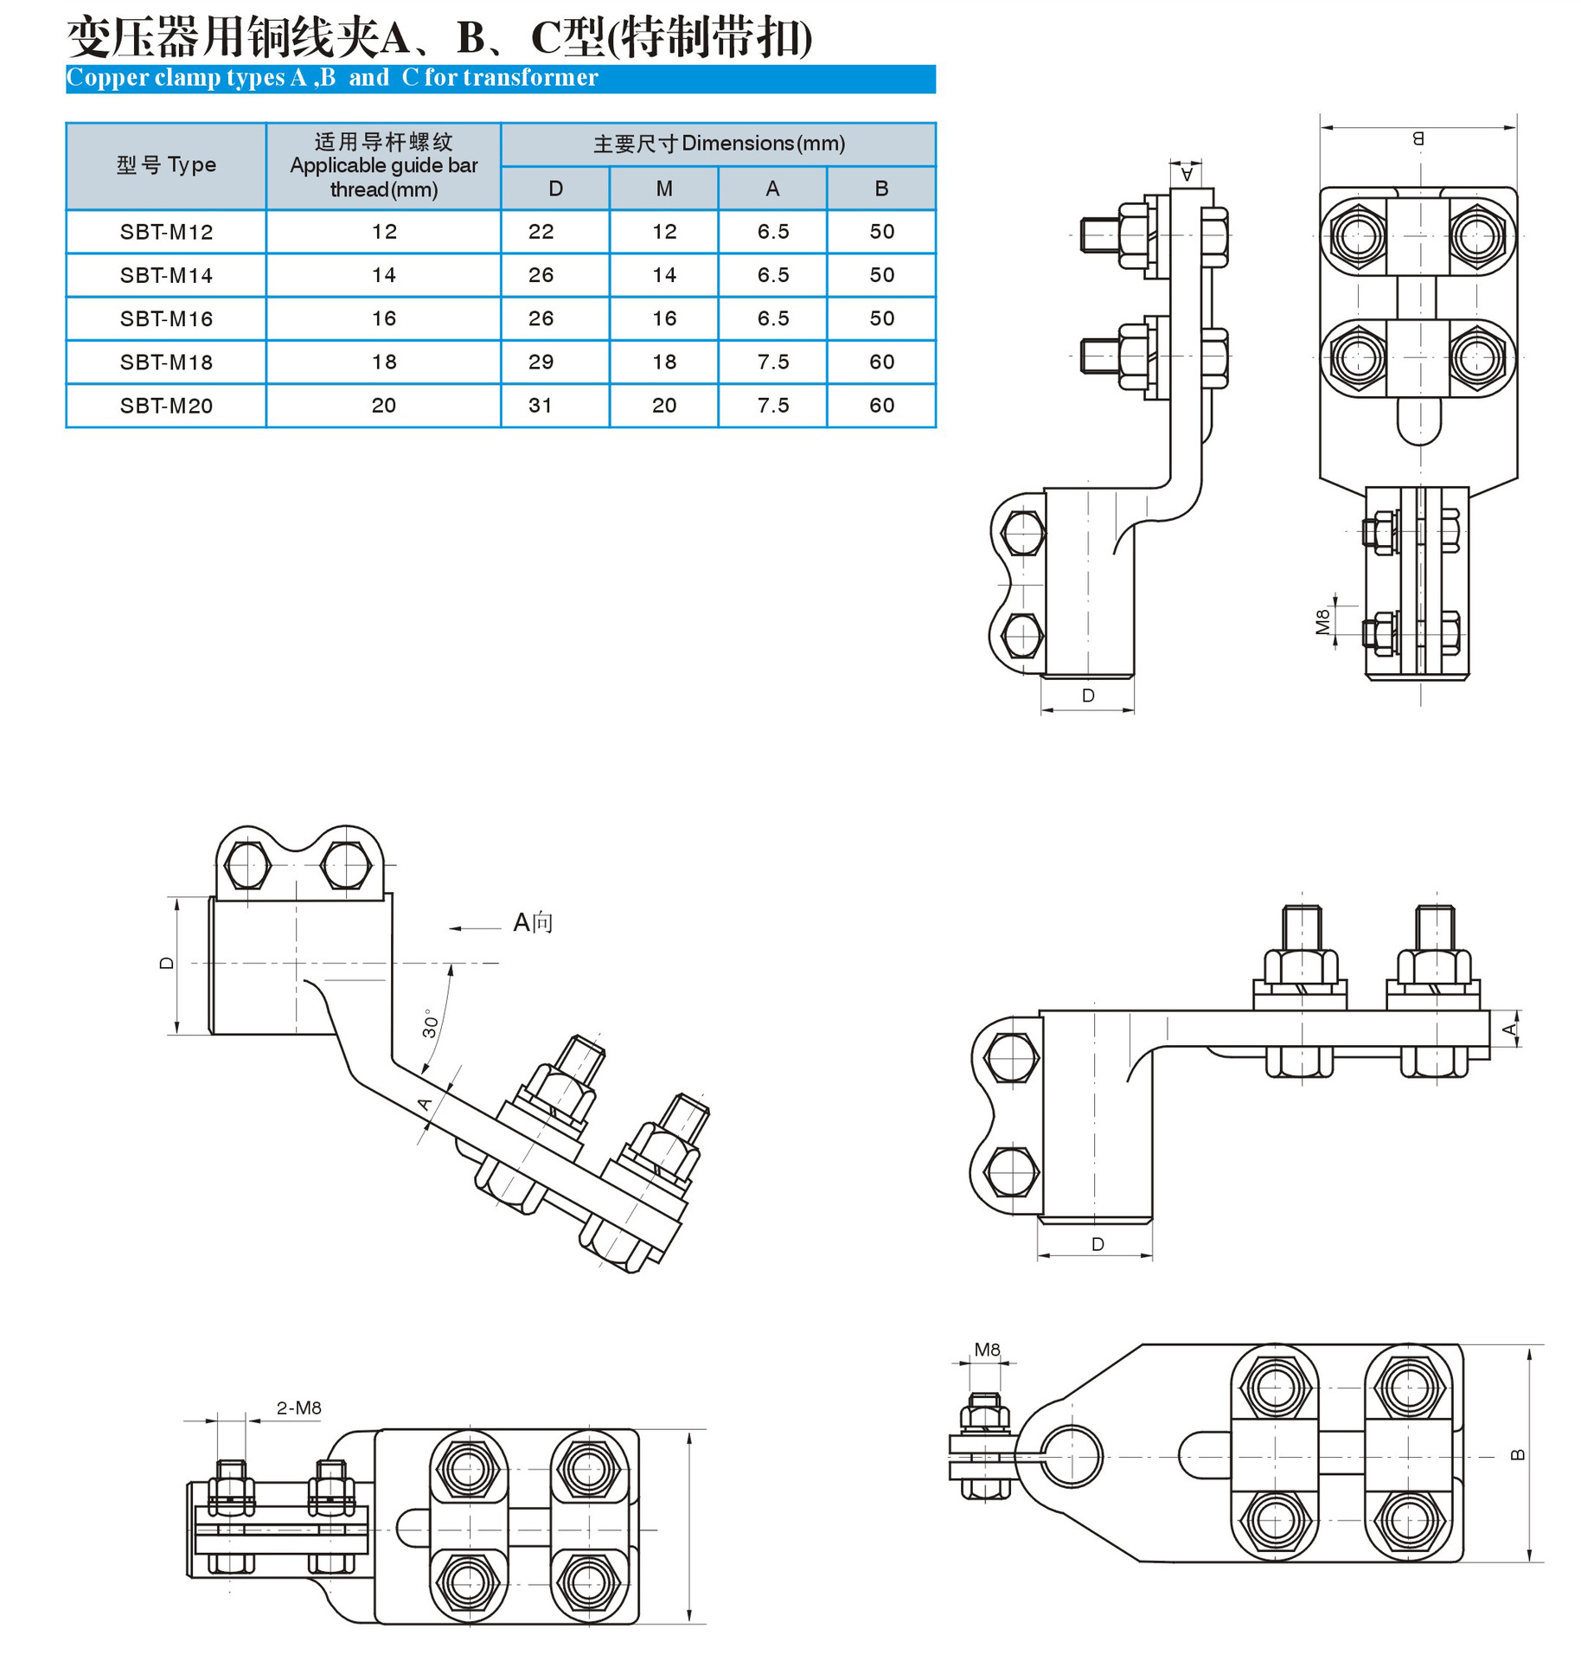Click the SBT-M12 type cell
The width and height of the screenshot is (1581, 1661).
166,232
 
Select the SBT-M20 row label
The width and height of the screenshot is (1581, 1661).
166,406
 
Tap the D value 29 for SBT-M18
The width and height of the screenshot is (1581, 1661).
541,362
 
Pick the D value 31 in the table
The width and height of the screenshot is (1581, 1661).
541,405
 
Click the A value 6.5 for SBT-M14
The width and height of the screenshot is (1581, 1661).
773,275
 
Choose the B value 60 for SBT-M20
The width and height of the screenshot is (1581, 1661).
882,405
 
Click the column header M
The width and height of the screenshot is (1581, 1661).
664,189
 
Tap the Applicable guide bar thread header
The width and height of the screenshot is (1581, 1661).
384,165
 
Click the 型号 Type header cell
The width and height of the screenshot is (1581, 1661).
166,165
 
